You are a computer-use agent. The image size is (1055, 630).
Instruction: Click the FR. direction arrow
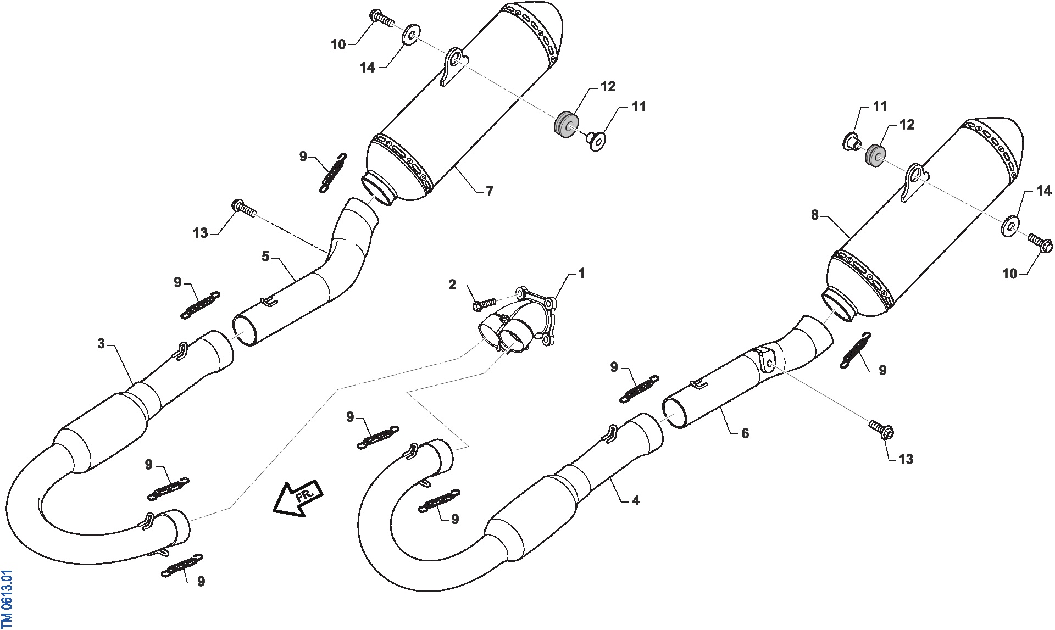coord(297,498)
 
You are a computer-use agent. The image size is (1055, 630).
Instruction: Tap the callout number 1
coord(581,273)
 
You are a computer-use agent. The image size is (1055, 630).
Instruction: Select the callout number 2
coord(452,285)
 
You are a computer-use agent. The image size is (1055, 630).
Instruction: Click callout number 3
coord(101,344)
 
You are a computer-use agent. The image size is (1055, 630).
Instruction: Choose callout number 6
coord(745,433)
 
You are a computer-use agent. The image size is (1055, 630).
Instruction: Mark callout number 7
coord(490,191)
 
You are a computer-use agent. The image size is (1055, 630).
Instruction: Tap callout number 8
coord(815,215)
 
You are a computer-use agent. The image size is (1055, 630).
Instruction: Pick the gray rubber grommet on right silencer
coord(875,155)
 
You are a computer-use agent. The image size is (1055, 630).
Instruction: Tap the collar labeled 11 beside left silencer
coord(596,140)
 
